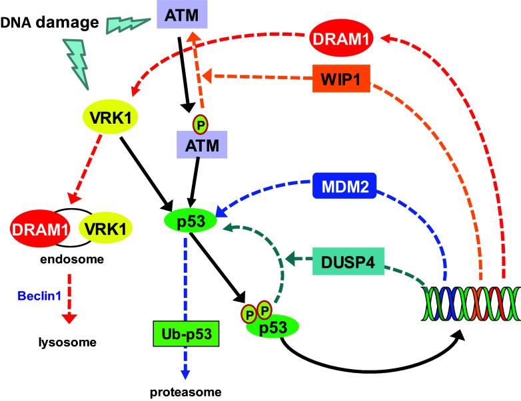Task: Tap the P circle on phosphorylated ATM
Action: (x=199, y=124)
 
